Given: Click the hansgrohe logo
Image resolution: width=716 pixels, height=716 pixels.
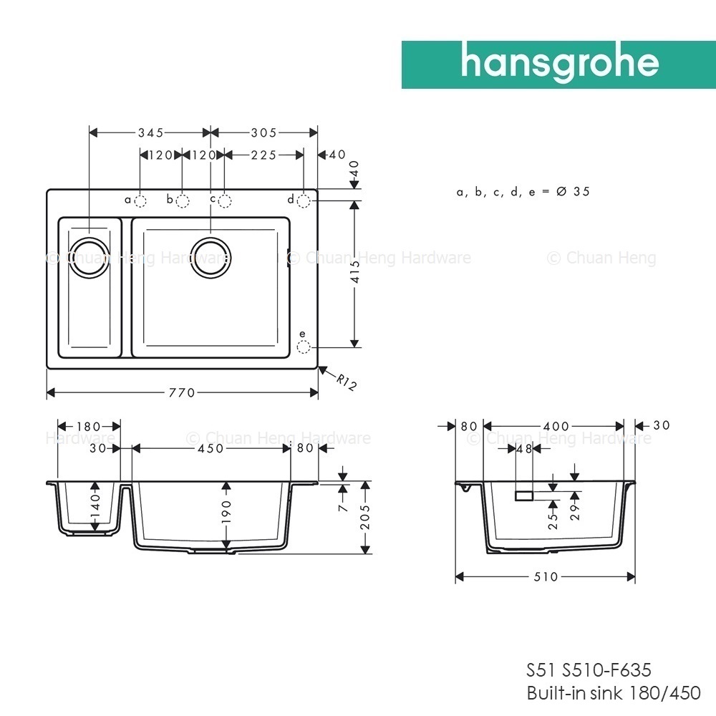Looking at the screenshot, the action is click(x=558, y=64).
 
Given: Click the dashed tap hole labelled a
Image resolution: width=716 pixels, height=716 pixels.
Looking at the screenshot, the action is click(x=140, y=201).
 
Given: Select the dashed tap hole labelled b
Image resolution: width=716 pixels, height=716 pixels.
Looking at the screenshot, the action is click(x=182, y=201).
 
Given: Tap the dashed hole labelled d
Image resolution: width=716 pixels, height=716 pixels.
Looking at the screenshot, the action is click(x=304, y=201).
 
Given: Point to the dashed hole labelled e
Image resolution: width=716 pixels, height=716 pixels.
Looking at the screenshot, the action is click(x=303, y=347).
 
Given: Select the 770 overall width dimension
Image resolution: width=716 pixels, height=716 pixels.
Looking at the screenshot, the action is click(x=182, y=392).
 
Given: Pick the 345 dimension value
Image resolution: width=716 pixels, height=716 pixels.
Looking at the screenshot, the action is click(x=151, y=133).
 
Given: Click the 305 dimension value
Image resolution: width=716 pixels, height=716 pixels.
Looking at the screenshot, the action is click(x=264, y=133).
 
